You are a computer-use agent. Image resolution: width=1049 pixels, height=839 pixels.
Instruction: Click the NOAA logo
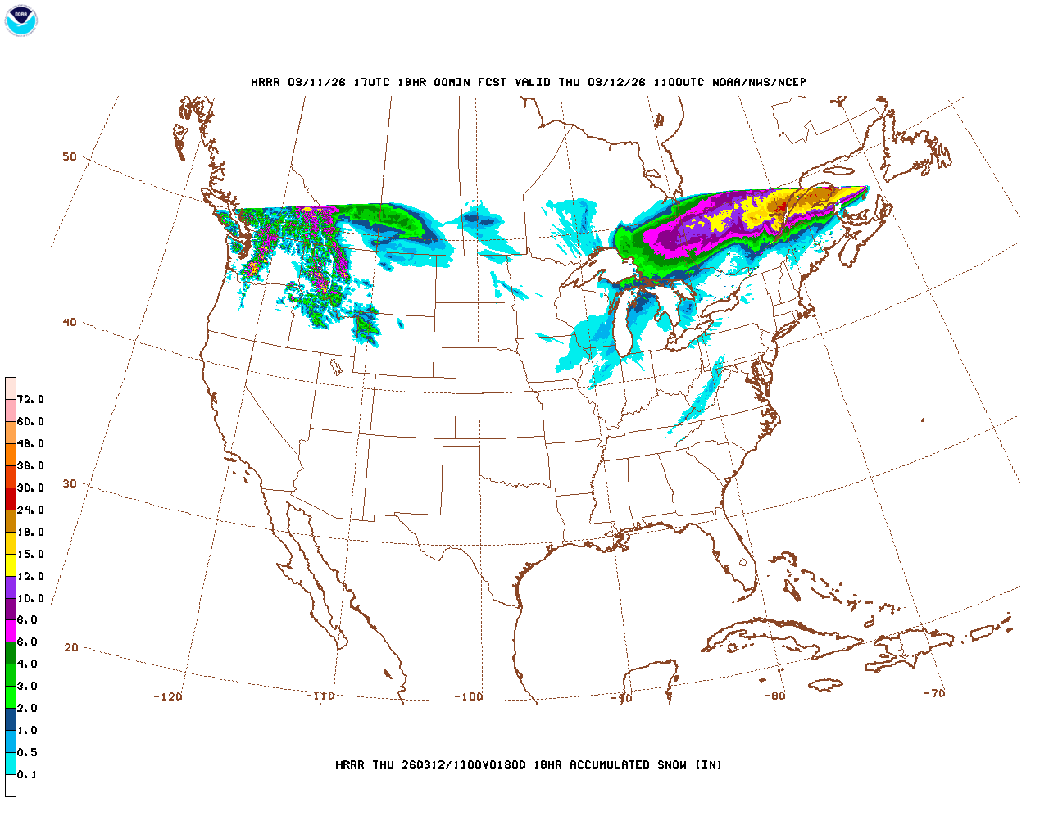click(20, 20)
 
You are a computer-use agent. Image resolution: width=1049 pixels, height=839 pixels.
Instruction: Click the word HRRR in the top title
click(266, 83)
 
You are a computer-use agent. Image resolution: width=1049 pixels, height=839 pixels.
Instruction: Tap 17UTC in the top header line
click(372, 83)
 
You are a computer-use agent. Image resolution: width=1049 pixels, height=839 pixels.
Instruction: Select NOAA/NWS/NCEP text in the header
click(760, 83)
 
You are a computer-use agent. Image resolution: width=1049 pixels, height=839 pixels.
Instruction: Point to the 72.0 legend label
click(30, 400)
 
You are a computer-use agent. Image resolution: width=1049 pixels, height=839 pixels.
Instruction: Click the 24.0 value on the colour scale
click(30, 510)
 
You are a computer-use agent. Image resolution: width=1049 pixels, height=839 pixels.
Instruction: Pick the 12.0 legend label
click(30, 577)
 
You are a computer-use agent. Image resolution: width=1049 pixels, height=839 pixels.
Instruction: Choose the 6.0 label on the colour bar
click(27, 642)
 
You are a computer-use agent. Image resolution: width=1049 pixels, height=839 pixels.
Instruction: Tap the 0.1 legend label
click(27, 775)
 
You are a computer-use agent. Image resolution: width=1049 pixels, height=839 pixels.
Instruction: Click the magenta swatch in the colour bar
click(11, 631)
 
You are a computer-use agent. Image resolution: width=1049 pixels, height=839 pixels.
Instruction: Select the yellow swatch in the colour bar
click(11, 565)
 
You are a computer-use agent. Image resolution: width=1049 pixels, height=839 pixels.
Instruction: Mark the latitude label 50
click(70, 157)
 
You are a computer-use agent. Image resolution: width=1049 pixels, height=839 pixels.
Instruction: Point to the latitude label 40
click(70, 323)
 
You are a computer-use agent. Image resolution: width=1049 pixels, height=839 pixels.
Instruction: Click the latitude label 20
click(71, 648)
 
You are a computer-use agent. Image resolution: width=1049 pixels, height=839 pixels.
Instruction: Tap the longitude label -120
click(168, 697)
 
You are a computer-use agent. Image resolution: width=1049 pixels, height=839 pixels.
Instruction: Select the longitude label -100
click(470, 697)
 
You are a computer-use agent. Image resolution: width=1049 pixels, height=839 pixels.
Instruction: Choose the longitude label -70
click(934, 693)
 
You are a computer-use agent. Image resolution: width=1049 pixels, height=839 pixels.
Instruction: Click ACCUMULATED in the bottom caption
click(611, 765)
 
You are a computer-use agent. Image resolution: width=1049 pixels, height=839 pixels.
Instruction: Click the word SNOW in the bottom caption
click(672, 765)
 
